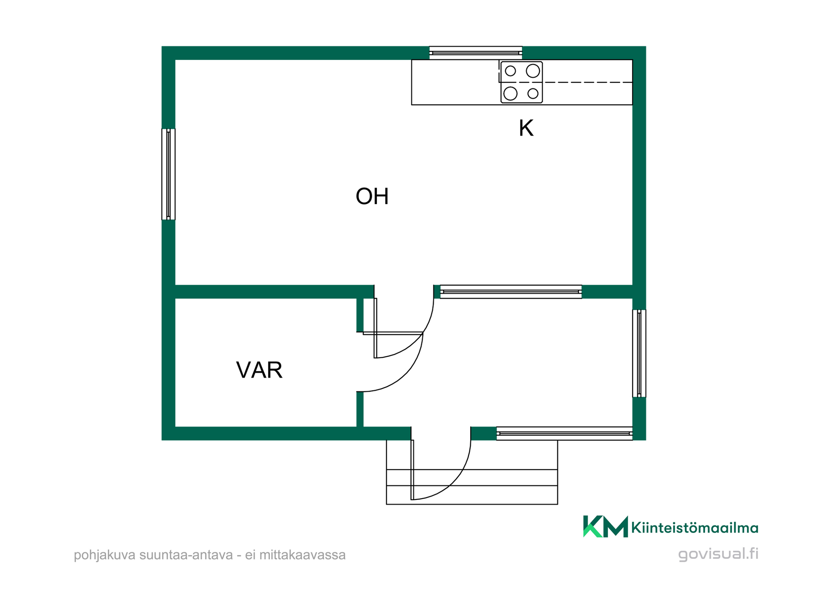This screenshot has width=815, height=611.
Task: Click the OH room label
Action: pos(372,196)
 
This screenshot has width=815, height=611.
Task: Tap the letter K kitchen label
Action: pos(526,128)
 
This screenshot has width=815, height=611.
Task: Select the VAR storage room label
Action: pos(259,370)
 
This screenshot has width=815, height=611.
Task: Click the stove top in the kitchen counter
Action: pos(521,82)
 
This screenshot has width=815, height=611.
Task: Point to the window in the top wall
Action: pos(475,53)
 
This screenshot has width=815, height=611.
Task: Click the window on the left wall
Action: pos(169,174)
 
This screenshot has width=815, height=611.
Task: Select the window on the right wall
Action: pos(639,353)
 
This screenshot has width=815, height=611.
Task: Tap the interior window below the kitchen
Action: pos(511,291)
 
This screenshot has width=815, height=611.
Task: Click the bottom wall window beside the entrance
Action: pos(564,433)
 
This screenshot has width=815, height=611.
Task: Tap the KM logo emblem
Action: pos(605,527)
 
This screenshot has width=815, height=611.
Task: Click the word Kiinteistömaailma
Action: pos(695,527)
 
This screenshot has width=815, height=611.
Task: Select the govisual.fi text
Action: pos(718,554)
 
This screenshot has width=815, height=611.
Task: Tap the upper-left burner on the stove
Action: pos(510,71)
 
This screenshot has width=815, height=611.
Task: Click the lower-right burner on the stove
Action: pos(533,93)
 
